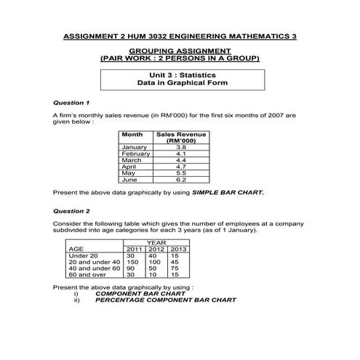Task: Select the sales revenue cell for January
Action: point(181,148)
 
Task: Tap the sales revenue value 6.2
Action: point(181,179)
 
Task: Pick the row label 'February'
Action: point(136,153)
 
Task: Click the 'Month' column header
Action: point(132,135)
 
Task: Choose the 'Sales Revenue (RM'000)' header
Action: point(181,137)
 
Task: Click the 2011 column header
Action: point(135,249)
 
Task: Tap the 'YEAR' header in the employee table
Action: point(156,243)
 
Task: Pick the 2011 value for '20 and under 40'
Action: point(132,262)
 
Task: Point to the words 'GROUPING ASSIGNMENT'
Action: point(180,49)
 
